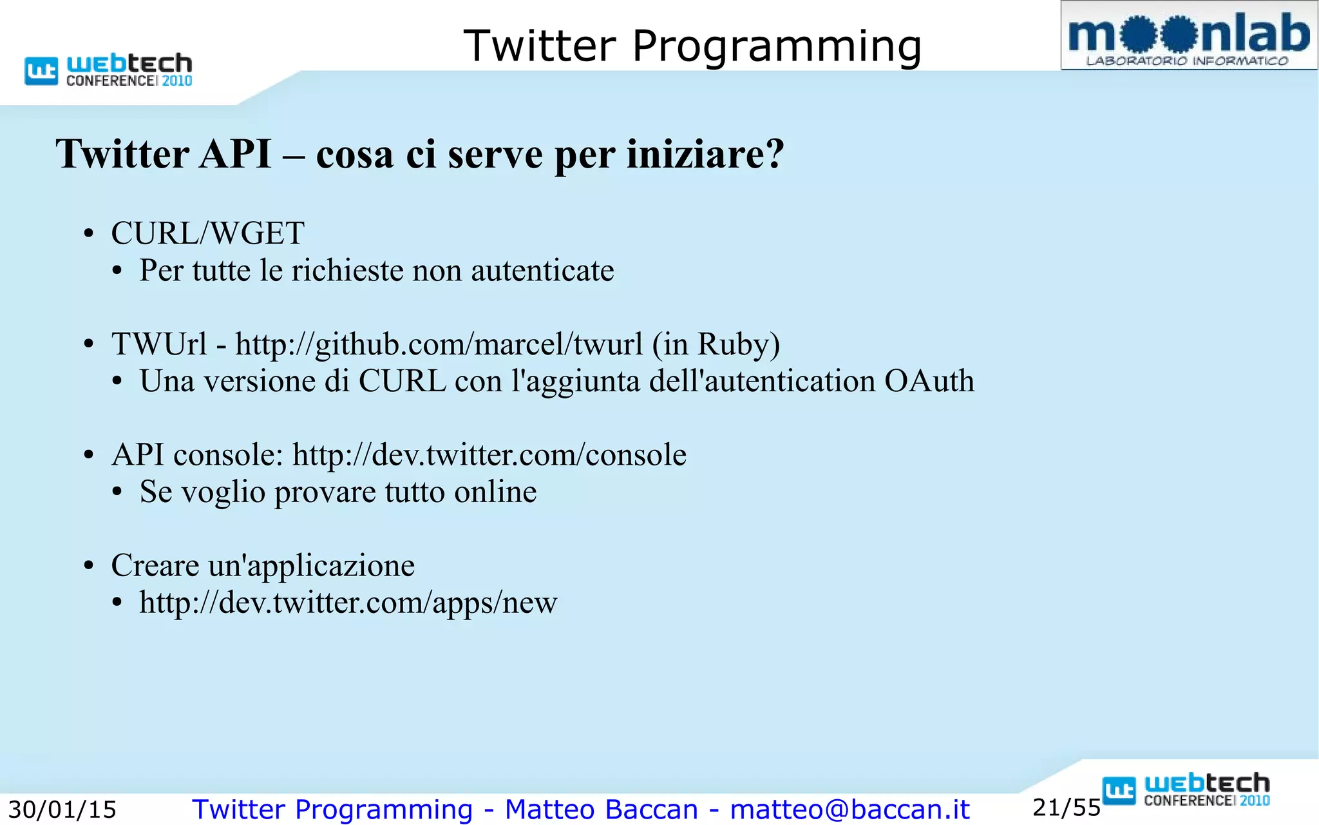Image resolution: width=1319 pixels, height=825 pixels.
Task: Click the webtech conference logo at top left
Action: [108, 70]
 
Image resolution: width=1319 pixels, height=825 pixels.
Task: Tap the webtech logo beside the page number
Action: [1186, 790]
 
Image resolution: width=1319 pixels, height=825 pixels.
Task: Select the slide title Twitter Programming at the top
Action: [692, 46]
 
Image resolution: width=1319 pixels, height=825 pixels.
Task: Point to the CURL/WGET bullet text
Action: [207, 233]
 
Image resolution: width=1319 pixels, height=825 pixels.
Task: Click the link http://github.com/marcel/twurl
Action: [439, 344]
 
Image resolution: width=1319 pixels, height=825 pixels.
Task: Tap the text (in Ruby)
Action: [716, 344]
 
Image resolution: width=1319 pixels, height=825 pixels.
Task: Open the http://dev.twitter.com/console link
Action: [489, 455]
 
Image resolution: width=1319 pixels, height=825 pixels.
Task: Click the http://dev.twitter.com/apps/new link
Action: [348, 603]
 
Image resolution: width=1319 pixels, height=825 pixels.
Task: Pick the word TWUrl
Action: [159, 344]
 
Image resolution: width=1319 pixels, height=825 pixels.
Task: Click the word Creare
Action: [155, 566]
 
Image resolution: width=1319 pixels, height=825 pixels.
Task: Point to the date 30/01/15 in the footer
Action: [62, 810]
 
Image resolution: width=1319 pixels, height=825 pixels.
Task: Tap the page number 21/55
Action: [1066, 808]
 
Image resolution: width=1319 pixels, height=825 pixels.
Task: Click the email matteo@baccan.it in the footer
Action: [849, 810]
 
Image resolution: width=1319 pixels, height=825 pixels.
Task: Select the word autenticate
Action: [542, 270]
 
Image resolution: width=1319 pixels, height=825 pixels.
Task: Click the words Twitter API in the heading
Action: [164, 154]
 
